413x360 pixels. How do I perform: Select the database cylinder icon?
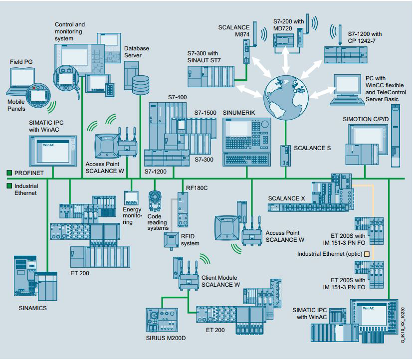point(141,83)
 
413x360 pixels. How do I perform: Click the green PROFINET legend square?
point(9,173)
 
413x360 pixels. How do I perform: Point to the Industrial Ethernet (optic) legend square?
point(367,254)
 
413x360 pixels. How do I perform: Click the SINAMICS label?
point(32,308)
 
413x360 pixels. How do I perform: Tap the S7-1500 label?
point(205,113)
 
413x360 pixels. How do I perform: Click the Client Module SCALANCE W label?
point(220,281)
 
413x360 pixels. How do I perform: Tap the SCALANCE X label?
point(286,198)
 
